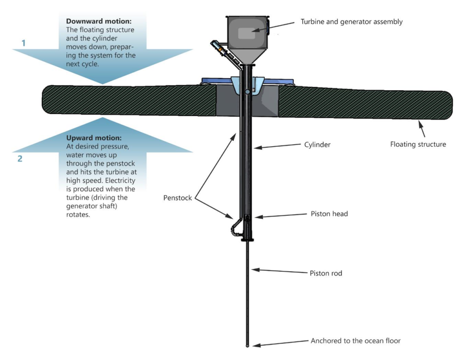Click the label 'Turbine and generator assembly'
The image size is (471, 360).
coord(351,22)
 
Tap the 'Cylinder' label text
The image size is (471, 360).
coord(317,145)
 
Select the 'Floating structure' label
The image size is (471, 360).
coord(418,145)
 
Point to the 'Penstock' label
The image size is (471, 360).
coord(178,198)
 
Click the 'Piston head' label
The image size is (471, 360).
coord(329,214)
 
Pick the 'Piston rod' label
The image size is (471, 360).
coord(326,273)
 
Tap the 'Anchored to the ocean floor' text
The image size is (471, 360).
coord(356,341)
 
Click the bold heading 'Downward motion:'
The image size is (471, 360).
coord(99,21)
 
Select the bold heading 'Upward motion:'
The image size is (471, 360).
coord(94,138)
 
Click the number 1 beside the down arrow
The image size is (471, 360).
coord(23,43)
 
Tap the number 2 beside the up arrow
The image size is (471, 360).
coord(20,159)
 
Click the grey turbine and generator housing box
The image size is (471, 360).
coord(247,33)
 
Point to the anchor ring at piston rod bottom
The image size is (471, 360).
coord(247,346)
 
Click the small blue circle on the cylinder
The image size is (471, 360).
coord(247,92)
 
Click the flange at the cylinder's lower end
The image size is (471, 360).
coord(247,240)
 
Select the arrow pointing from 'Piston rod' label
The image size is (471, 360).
coord(280,271)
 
